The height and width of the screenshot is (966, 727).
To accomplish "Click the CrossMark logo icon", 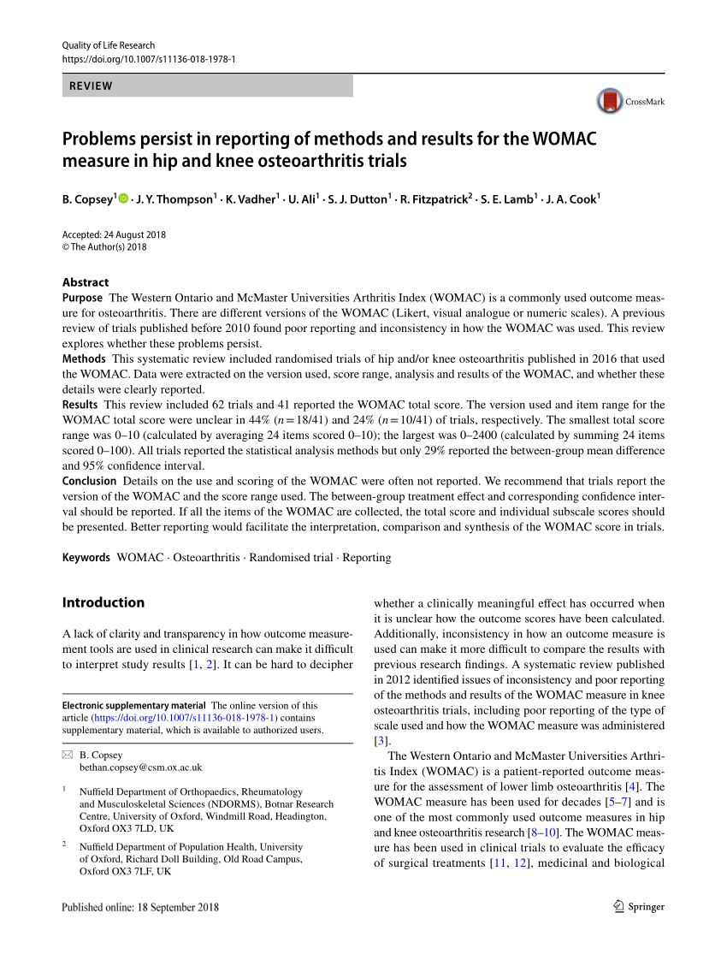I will [610, 101].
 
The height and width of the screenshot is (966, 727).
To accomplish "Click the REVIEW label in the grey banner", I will [91, 86].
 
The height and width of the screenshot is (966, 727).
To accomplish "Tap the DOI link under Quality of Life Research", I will [149, 59].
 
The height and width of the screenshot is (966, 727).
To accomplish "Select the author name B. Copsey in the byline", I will [87, 199].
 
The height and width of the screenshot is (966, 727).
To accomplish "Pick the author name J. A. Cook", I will [571, 199].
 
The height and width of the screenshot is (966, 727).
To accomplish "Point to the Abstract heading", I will [86, 282].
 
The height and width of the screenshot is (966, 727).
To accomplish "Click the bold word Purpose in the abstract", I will [83, 298].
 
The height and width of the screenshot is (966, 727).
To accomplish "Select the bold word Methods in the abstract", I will [84, 359].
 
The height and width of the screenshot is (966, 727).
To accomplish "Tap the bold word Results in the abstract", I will [80, 405].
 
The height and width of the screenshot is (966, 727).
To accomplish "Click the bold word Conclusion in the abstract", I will [89, 482].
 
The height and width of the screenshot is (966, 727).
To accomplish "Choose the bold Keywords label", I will [86, 558].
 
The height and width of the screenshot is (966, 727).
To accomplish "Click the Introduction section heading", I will [103, 602].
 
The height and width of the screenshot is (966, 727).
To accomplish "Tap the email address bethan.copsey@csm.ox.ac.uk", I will [140, 768].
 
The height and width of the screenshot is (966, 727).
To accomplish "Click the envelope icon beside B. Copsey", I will [68, 756].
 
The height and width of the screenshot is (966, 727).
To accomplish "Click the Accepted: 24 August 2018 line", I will [114, 234].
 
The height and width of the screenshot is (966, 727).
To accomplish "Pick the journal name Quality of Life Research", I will [109, 45].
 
